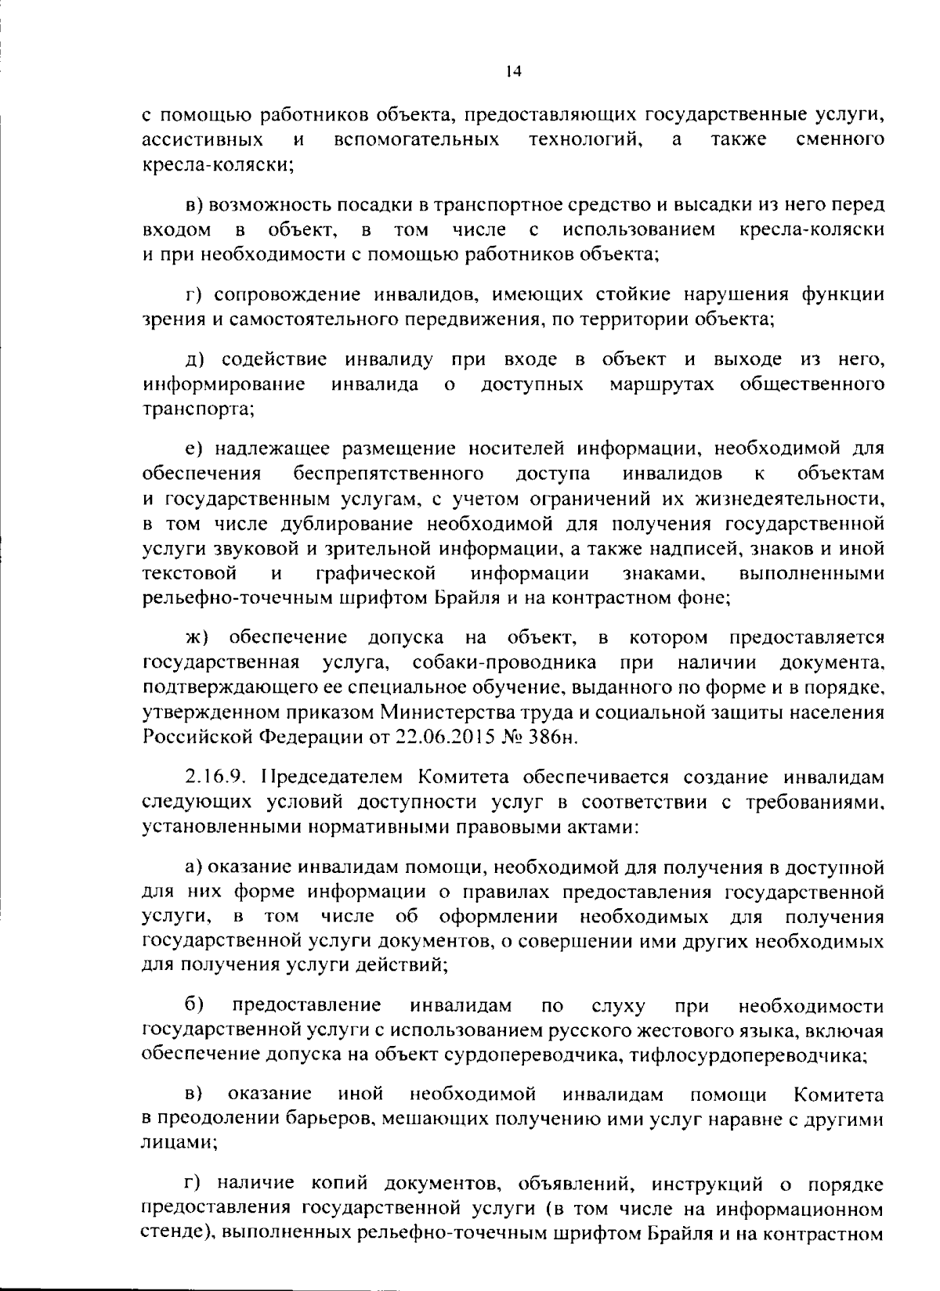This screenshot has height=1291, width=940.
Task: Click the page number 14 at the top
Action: click(513, 71)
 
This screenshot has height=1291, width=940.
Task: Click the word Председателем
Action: click(321, 777)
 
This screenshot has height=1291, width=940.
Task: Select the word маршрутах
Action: click(661, 384)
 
